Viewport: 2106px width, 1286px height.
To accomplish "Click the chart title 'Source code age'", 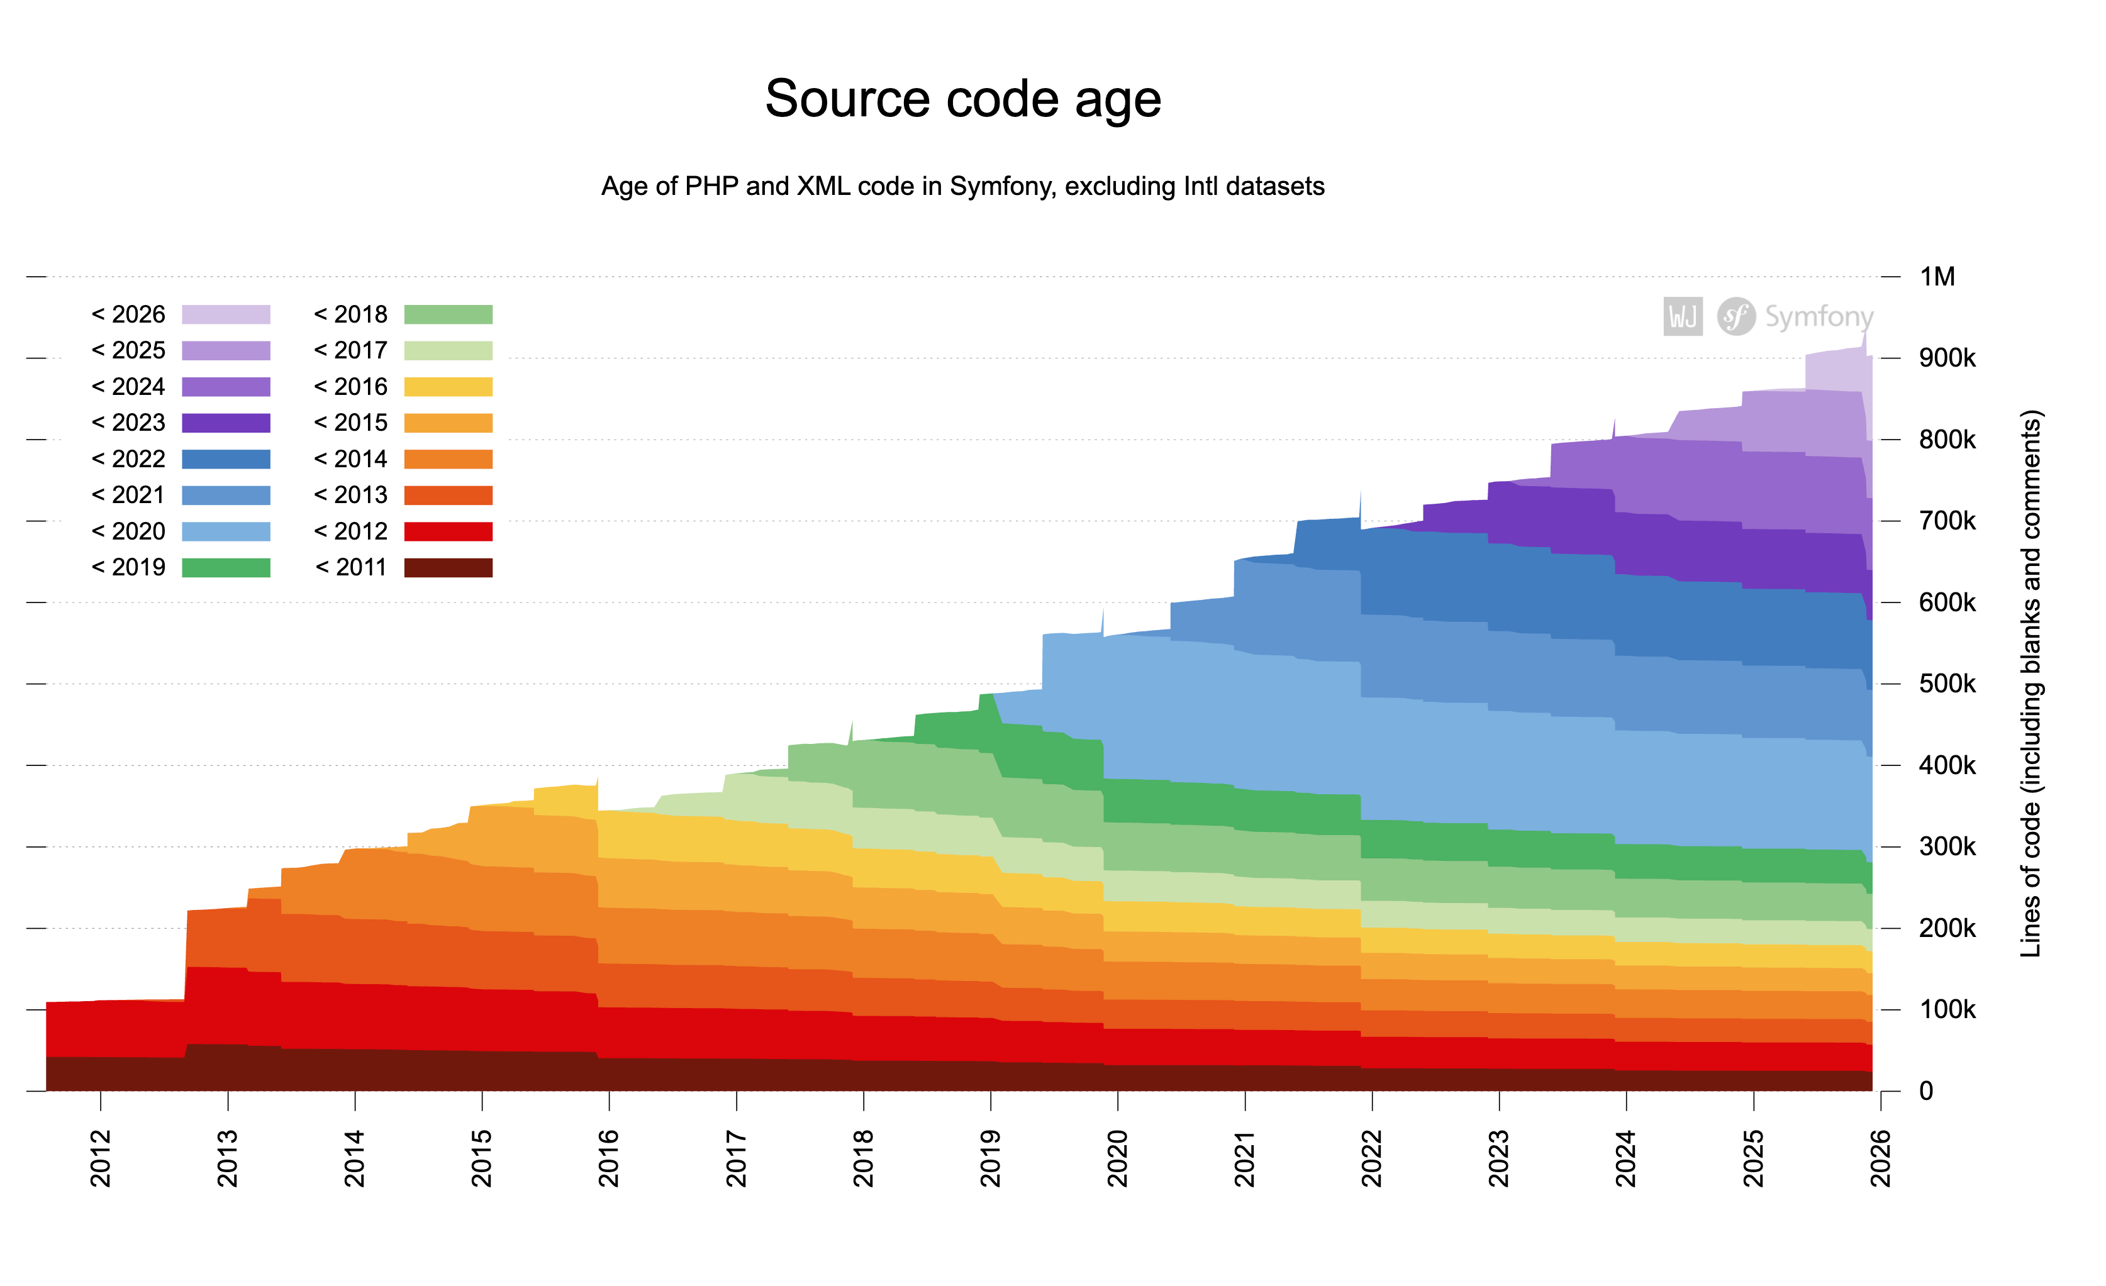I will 962,99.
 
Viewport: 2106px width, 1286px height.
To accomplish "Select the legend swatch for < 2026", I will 226,314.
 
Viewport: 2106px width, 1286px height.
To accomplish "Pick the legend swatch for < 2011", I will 448,567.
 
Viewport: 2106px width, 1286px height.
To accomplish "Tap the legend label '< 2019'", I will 128,567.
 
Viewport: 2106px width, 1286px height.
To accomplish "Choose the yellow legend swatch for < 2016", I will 448,387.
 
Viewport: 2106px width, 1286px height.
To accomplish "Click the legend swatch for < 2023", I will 226,423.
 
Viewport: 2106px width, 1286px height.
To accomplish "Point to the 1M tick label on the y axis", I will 1937,277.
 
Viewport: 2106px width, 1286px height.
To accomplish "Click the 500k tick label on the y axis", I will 1946,684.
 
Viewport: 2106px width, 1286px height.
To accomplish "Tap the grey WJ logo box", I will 1683,317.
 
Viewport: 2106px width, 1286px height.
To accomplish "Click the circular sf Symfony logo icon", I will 1736,317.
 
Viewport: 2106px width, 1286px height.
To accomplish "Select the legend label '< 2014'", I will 350,459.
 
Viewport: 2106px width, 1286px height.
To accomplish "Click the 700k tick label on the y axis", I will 1946,521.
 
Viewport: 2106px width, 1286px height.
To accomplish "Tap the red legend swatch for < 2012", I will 448,531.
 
